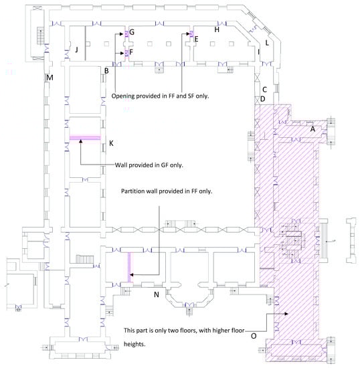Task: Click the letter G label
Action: pyautogui.click(x=132, y=32)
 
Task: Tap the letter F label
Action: pyautogui.click(x=131, y=52)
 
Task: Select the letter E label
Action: pyautogui.click(x=197, y=39)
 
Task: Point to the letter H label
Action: pyautogui.click(x=217, y=29)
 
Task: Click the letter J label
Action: pyautogui.click(x=76, y=50)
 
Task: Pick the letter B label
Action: pyautogui.click(x=106, y=71)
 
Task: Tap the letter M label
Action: pyautogui.click(x=50, y=78)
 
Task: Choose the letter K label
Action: pyautogui.click(x=111, y=143)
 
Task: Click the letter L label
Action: pyautogui.click(x=267, y=43)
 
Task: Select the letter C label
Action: pyautogui.click(x=264, y=90)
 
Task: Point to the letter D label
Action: pyautogui.click(x=262, y=99)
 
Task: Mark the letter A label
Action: pyautogui.click(x=312, y=129)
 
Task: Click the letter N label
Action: pyautogui.click(x=157, y=294)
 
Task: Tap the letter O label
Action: pyautogui.click(x=254, y=336)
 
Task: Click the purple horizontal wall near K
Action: pyautogui.click(x=85, y=138)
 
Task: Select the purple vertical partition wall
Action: pyautogui.click(x=129, y=268)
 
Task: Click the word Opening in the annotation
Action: pyautogui.click(x=123, y=96)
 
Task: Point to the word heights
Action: pyautogui.click(x=134, y=345)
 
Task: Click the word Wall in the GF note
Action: pyautogui.click(x=121, y=165)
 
